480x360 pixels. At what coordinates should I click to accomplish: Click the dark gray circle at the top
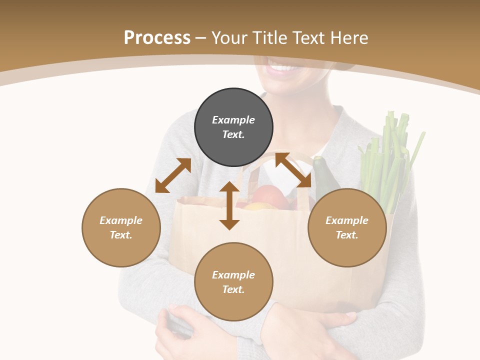[x=233, y=127]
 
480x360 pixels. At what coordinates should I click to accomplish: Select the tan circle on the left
[x=121, y=227]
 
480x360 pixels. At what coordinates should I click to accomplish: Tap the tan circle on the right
[x=347, y=227]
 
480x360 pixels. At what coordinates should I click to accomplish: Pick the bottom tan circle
[x=233, y=282]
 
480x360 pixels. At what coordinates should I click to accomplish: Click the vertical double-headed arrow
[x=229, y=205]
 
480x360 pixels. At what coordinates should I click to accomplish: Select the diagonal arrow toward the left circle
[x=173, y=175]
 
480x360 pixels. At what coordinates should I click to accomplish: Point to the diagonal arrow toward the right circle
[x=293, y=170]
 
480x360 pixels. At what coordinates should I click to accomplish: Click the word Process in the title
[x=157, y=37]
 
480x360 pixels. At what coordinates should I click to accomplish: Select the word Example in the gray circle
[x=233, y=120]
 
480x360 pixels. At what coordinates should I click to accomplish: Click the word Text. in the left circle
[x=121, y=235]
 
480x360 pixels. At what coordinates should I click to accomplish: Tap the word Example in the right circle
[x=347, y=220]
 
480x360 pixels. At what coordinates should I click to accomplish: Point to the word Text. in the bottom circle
[x=233, y=289]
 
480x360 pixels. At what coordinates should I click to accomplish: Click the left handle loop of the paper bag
[x=250, y=180]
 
